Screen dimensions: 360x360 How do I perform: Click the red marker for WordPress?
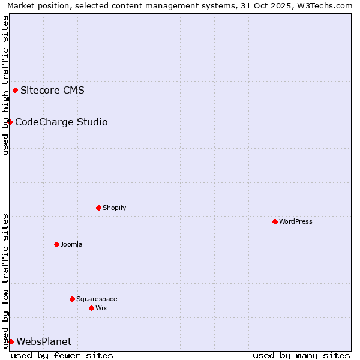click(x=275, y=221)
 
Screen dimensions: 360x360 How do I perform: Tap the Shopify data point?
click(x=98, y=208)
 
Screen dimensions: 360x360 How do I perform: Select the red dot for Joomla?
click(x=56, y=244)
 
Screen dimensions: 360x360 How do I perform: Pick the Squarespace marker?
click(x=72, y=299)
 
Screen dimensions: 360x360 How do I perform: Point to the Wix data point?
click(x=91, y=308)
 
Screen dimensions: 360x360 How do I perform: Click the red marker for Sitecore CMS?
click(x=15, y=91)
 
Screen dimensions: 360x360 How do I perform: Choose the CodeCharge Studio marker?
click(x=10, y=122)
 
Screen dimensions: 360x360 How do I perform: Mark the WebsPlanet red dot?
click(x=11, y=341)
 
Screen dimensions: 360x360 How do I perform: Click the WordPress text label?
click(x=296, y=221)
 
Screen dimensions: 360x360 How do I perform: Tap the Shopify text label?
click(x=115, y=208)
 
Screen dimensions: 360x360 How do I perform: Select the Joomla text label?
click(x=71, y=244)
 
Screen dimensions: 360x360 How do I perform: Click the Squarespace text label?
click(x=97, y=299)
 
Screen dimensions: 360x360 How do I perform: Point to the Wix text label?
click(x=101, y=308)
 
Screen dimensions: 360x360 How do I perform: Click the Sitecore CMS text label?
click(x=52, y=91)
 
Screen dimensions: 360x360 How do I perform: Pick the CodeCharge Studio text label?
click(x=61, y=122)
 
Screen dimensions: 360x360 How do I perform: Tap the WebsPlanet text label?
click(x=44, y=342)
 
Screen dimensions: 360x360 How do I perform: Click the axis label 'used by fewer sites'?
click(x=62, y=356)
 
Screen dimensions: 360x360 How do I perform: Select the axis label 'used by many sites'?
click(x=301, y=356)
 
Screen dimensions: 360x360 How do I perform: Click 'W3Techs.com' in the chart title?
click(x=326, y=5)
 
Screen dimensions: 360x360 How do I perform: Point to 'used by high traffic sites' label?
click(x=5, y=85)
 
